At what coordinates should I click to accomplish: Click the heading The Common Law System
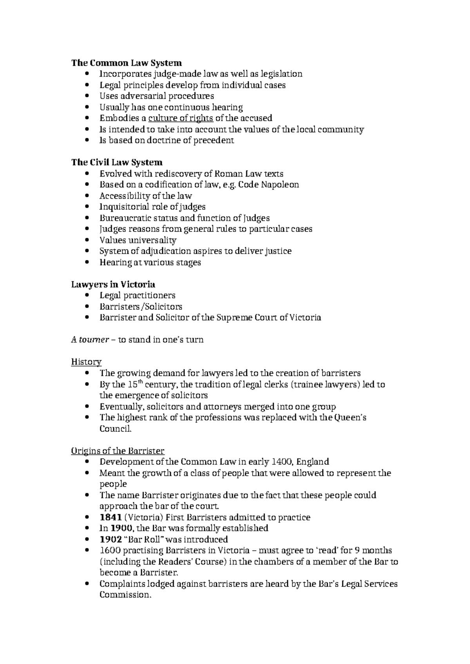[126, 63]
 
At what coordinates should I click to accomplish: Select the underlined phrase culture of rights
[181, 118]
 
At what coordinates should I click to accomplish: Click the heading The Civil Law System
[117, 162]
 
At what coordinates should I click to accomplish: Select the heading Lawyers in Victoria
[113, 285]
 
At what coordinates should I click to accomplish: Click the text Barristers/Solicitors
[141, 307]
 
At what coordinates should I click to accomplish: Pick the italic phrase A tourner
[89, 340]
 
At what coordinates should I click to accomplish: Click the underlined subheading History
[86, 362]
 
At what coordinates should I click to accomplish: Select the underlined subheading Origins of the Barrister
[117, 451]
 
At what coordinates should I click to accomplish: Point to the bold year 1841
[110, 518]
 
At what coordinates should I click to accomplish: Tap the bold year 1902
[110, 539]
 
